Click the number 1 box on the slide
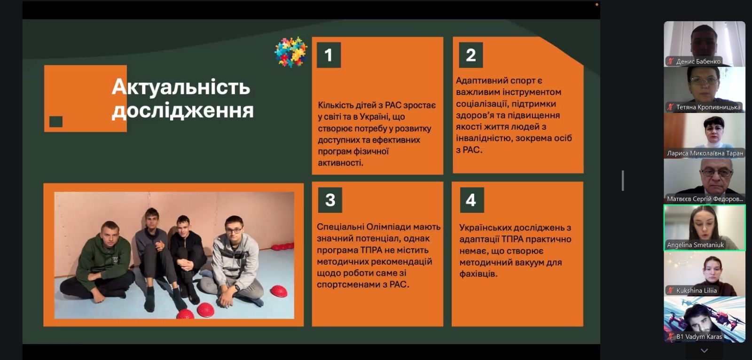329,55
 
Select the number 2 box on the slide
470,55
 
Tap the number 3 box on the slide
330,200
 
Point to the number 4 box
472,200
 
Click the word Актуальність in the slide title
181,87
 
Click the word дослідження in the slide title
183,110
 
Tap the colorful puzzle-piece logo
291,52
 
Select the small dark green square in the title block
56,122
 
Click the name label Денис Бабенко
698,62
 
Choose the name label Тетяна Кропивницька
708,107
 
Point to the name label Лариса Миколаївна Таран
705,153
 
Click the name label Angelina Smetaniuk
695,245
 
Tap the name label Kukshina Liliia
696,290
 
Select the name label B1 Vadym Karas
699,337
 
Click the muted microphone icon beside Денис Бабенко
670,62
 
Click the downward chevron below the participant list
705,351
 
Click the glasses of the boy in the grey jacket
234,231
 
